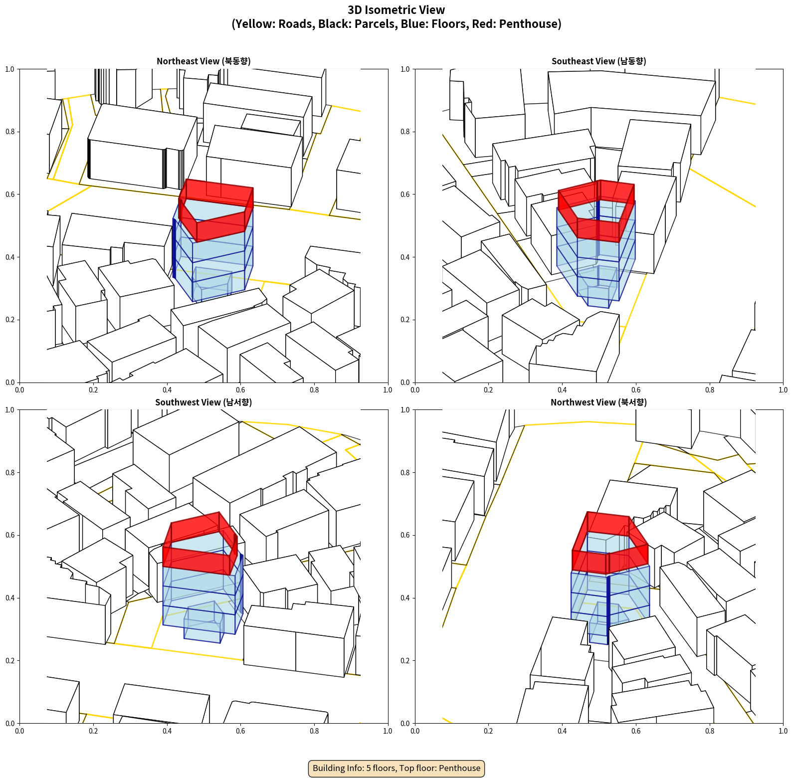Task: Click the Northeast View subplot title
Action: (203, 61)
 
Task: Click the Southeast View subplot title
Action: (598, 61)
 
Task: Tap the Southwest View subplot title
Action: (203, 402)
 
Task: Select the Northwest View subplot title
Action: (598, 402)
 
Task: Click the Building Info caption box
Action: (396, 768)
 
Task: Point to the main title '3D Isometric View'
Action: (396, 10)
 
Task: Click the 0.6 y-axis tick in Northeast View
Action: (10, 194)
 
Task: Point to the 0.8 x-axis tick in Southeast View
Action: (710, 390)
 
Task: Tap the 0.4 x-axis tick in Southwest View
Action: (167, 731)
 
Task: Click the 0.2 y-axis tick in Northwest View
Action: (405, 661)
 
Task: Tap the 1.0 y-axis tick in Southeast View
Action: (405, 69)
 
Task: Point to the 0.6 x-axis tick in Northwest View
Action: (636, 731)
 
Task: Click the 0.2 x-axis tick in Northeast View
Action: (93, 390)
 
